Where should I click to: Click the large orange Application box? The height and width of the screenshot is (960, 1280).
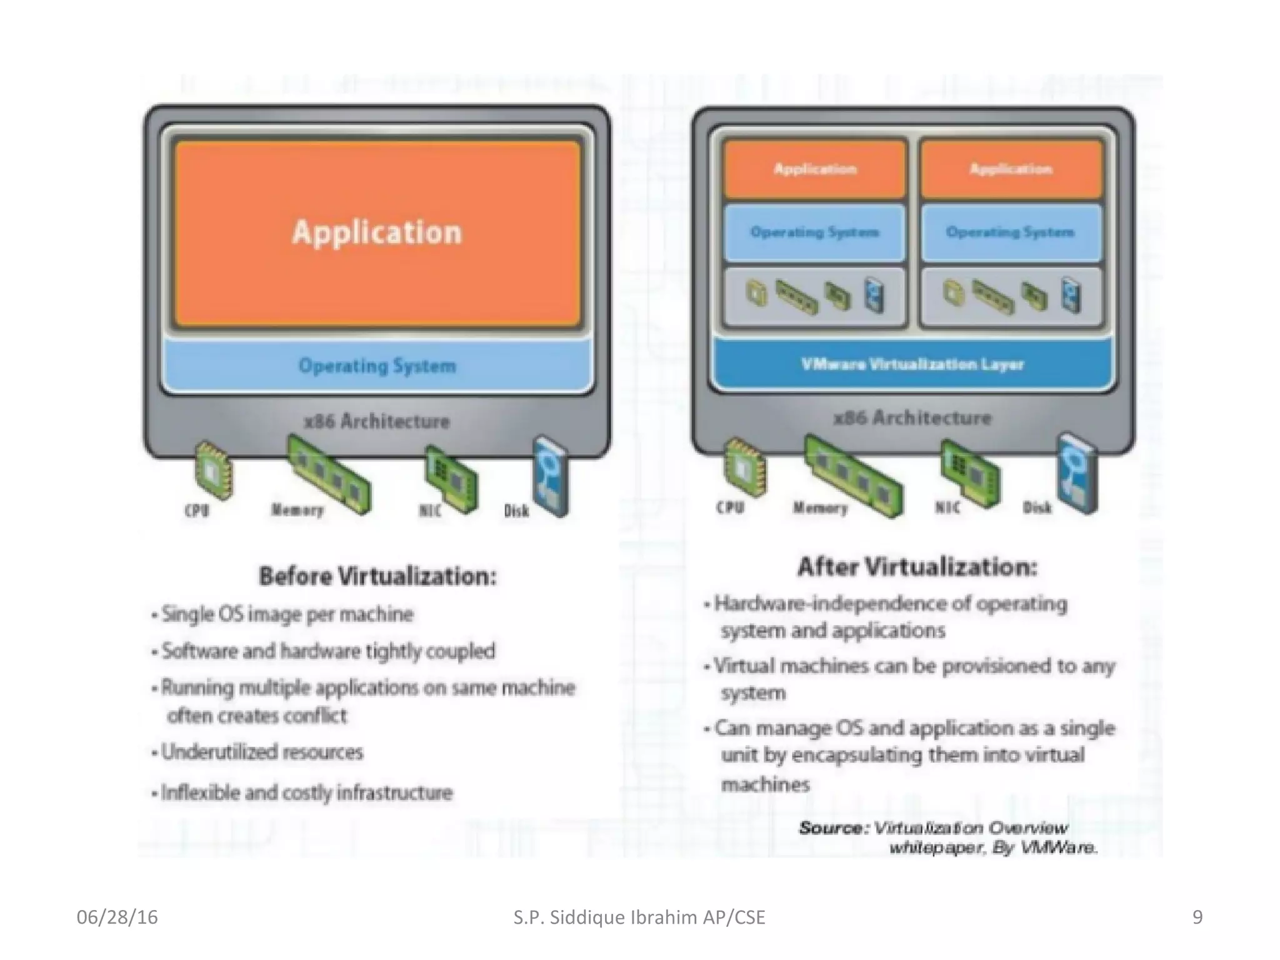[x=377, y=232]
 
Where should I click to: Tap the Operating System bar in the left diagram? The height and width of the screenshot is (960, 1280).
[x=377, y=365]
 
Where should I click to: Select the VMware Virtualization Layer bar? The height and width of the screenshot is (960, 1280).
[x=912, y=364]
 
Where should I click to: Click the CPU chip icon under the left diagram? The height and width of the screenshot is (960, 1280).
[x=213, y=471]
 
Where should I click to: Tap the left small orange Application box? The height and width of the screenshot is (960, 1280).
[x=815, y=169]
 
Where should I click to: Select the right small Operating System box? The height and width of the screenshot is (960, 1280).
[x=1010, y=232]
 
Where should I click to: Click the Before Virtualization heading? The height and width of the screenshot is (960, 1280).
[x=377, y=576]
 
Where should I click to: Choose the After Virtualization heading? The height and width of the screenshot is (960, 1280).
[x=917, y=567]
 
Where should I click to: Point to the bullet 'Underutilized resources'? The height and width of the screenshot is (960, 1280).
[x=262, y=752]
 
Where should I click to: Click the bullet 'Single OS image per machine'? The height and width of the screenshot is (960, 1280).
[x=287, y=614]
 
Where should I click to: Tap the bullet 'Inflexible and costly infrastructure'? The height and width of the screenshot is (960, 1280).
[x=306, y=793]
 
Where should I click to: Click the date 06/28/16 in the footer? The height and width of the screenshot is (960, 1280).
[x=117, y=917]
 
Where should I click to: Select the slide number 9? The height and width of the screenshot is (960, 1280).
[x=1197, y=917]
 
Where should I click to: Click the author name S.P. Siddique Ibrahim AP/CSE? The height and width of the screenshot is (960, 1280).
[x=639, y=917]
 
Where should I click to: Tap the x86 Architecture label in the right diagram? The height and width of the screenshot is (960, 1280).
[x=912, y=417]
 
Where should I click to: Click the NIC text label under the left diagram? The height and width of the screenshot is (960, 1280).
[x=430, y=511]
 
